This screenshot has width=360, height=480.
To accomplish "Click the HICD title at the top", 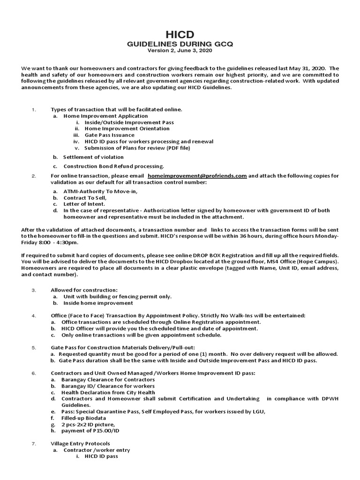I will click(x=180, y=35).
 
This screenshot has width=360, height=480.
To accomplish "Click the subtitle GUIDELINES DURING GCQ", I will click(x=180, y=44).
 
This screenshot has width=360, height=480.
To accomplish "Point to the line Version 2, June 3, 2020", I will click(x=180, y=50).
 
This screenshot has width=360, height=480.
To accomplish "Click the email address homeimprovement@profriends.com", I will click(x=197, y=176).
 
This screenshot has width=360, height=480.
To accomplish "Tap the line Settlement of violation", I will click(x=94, y=157).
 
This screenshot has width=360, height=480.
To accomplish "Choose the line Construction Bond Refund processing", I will click(x=114, y=166).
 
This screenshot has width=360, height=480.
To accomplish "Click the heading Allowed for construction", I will click(x=84, y=290).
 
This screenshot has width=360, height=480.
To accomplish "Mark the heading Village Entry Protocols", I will click(x=81, y=443).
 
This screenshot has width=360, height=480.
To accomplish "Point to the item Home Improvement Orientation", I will click(x=127, y=128).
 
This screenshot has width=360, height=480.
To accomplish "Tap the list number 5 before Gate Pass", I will click(x=34, y=348).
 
